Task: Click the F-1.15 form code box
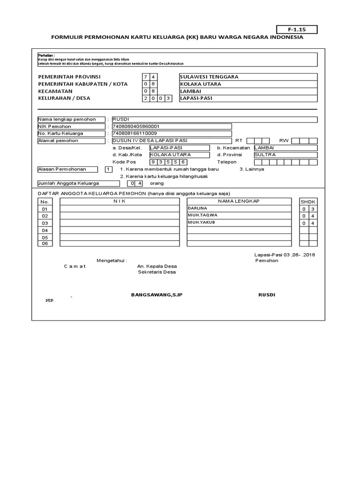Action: click(297, 30)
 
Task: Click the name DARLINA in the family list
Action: click(197, 208)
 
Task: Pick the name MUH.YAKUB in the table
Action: click(201, 223)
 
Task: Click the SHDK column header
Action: click(308, 202)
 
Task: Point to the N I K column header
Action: click(120, 201)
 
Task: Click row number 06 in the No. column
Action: click(45, 244)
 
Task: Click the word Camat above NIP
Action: click(75, 266)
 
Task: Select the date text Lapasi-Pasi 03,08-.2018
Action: click(284, 255)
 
